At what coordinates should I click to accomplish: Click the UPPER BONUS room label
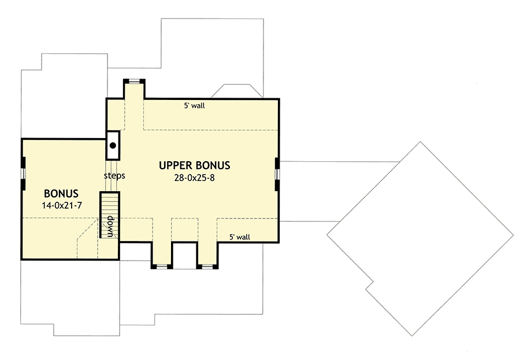click(x=195, y=165)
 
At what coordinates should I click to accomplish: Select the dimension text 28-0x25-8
click(x=195, y=179)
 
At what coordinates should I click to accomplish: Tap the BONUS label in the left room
click(x=61, y=193)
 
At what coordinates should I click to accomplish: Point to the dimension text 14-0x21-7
click(x=61, y=206)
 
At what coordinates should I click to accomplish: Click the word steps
click(x=114, y=175)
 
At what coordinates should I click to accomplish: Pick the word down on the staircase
click(x=109, y=226)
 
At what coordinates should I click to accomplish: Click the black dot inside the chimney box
click(x=113, y=146)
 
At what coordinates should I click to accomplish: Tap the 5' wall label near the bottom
click(x=239, y=236)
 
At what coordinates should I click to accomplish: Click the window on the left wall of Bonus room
click(x=23, y=173)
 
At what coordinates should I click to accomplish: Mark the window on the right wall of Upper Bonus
click(x=278, y=173)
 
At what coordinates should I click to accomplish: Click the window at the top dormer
click(x=133, y=80)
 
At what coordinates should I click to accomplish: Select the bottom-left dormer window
click(x=161, y=266)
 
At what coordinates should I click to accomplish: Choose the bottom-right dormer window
click(x=206, y=266)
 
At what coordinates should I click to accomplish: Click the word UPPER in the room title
click(x=176, y=165)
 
